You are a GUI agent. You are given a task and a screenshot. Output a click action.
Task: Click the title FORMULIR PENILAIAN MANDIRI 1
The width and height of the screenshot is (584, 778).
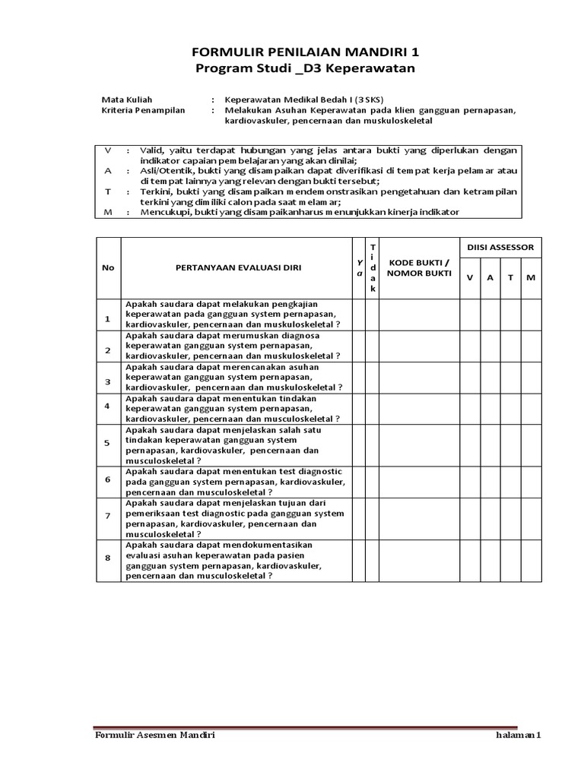[293, 52]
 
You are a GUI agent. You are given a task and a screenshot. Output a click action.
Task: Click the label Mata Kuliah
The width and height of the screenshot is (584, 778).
[127, 99]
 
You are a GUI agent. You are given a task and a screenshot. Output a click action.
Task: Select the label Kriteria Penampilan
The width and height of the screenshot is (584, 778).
[143, 110]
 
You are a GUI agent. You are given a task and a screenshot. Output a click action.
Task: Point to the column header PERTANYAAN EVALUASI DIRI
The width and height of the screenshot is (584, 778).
[236, 267]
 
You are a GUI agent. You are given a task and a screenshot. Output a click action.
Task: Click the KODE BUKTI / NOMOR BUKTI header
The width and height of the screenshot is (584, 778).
[419, 267]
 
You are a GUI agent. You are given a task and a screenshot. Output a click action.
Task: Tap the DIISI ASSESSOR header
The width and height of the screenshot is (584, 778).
[500, 247]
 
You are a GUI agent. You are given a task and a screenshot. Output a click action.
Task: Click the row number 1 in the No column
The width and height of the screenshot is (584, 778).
[108, 319]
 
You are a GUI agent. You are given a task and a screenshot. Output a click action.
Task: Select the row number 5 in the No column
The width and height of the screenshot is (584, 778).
[108, 443]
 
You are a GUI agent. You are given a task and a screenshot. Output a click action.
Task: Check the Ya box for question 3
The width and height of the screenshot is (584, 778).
[357, 377]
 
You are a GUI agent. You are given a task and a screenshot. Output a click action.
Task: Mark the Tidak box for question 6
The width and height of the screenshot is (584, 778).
[372, 481]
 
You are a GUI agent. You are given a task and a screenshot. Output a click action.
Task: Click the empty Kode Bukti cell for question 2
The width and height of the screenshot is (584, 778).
[419, 346]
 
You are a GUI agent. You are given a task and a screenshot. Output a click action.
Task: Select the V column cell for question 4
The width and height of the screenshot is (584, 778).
[469, 408]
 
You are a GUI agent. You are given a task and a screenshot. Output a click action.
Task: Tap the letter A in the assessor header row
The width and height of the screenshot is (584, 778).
[490, 277]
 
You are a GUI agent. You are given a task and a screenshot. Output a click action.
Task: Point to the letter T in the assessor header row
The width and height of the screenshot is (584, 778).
[510, 277]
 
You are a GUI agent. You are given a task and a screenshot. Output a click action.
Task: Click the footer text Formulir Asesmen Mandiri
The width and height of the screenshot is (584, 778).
[154, 735]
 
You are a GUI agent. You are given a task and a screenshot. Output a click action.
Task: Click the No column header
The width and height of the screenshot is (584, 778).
[108, 267]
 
